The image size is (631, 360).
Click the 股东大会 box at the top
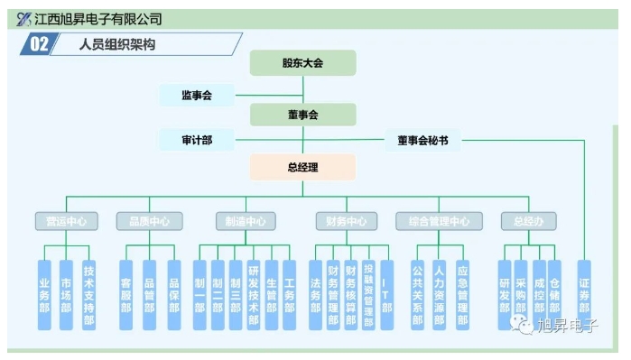302,63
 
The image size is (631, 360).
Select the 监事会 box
196,95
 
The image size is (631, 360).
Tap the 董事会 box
302,115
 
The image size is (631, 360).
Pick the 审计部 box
196,140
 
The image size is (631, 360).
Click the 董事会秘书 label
422,140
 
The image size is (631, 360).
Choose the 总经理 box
302,167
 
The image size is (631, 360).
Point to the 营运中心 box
66,221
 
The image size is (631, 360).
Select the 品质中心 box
149,221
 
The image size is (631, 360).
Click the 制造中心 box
246,221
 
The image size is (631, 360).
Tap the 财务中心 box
345,221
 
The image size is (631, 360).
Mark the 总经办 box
528,221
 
